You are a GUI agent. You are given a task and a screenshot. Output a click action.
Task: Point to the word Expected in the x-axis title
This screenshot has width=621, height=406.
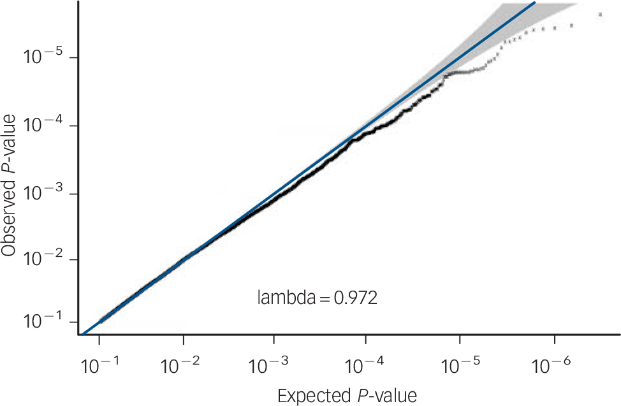pyautogui.click(x=312, y=396)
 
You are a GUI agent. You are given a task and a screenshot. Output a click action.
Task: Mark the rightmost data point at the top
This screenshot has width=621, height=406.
pyautogui.click(x=599, y=14)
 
